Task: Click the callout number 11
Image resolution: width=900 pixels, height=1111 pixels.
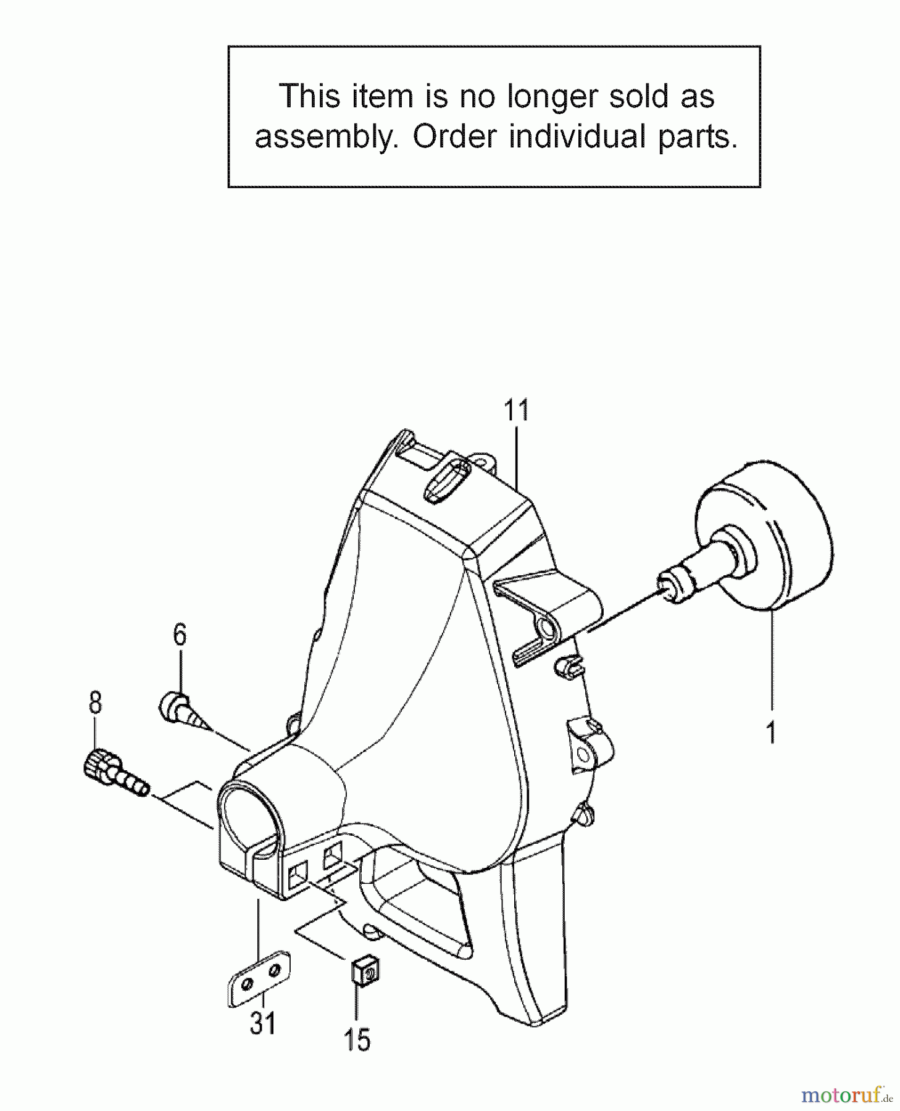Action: pos(517,410)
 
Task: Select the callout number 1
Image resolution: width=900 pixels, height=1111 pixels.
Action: pos(770,732)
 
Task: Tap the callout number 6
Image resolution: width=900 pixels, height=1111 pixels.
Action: pos(180,635)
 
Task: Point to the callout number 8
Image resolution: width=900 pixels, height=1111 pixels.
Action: pos(95,702)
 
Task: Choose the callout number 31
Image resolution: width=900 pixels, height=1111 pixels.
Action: pos(262,1023)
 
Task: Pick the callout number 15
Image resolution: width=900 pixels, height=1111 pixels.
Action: pos(357,1039)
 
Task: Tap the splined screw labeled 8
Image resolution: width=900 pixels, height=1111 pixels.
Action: pos(114,772)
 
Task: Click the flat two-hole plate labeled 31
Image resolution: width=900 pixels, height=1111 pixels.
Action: pos(259,978)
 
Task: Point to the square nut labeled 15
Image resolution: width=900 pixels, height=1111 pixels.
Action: pos(364,972)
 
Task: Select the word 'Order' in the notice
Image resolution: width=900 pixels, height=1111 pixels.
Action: pos(454,136)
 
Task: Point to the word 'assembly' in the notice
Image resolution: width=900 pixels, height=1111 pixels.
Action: pos(323,136)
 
